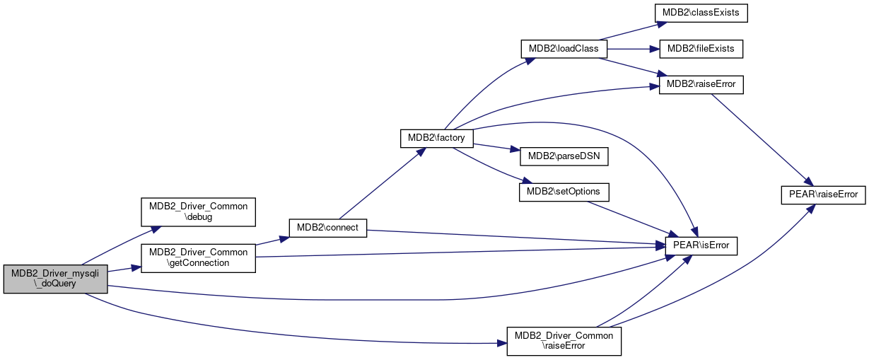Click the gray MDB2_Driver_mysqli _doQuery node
[55, 279]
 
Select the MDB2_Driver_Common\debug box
[199, 211]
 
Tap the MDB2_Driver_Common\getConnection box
[198, 257]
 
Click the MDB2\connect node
[327, 228]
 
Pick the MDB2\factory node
[436, 138]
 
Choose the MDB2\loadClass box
[564, 49]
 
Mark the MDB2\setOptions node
[564, 192]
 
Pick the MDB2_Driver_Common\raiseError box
[564, 340]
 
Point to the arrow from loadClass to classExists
[629, 30]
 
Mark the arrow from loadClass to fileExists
[633, 49]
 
